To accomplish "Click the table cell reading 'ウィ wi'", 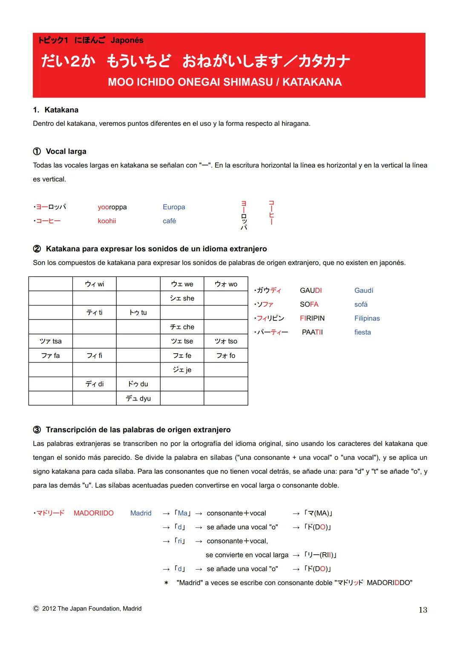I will [x=94, y=284].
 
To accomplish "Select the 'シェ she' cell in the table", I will [x=182, y=298].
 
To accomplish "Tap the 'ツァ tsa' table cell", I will [x=50, y=341].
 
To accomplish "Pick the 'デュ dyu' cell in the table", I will [x=138, y=398].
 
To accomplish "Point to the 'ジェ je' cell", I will [x=182, y=370].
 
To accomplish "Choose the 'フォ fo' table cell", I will [x=226, y=355].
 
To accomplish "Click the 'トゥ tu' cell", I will [x=138, y=313].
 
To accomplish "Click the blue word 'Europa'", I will [x=174, y=207].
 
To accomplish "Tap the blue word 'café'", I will [x=169, y=221].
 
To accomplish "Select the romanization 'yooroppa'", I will [x=112, y=207].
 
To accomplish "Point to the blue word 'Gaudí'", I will [x=364, y=291].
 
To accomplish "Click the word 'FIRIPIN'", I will [x=312, y=318].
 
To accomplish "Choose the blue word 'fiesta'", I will [x=362, y=332].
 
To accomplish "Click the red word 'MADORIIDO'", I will [x=94, y=513].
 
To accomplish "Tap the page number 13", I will [x=423, y=610].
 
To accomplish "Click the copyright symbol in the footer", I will [x=36, y=609].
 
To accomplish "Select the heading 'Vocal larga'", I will [x=66, y=152].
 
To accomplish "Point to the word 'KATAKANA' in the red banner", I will [x=312, y=82].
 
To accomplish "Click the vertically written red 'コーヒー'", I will [x=271, y=213].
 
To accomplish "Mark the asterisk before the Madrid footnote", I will [x=166, y=583].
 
